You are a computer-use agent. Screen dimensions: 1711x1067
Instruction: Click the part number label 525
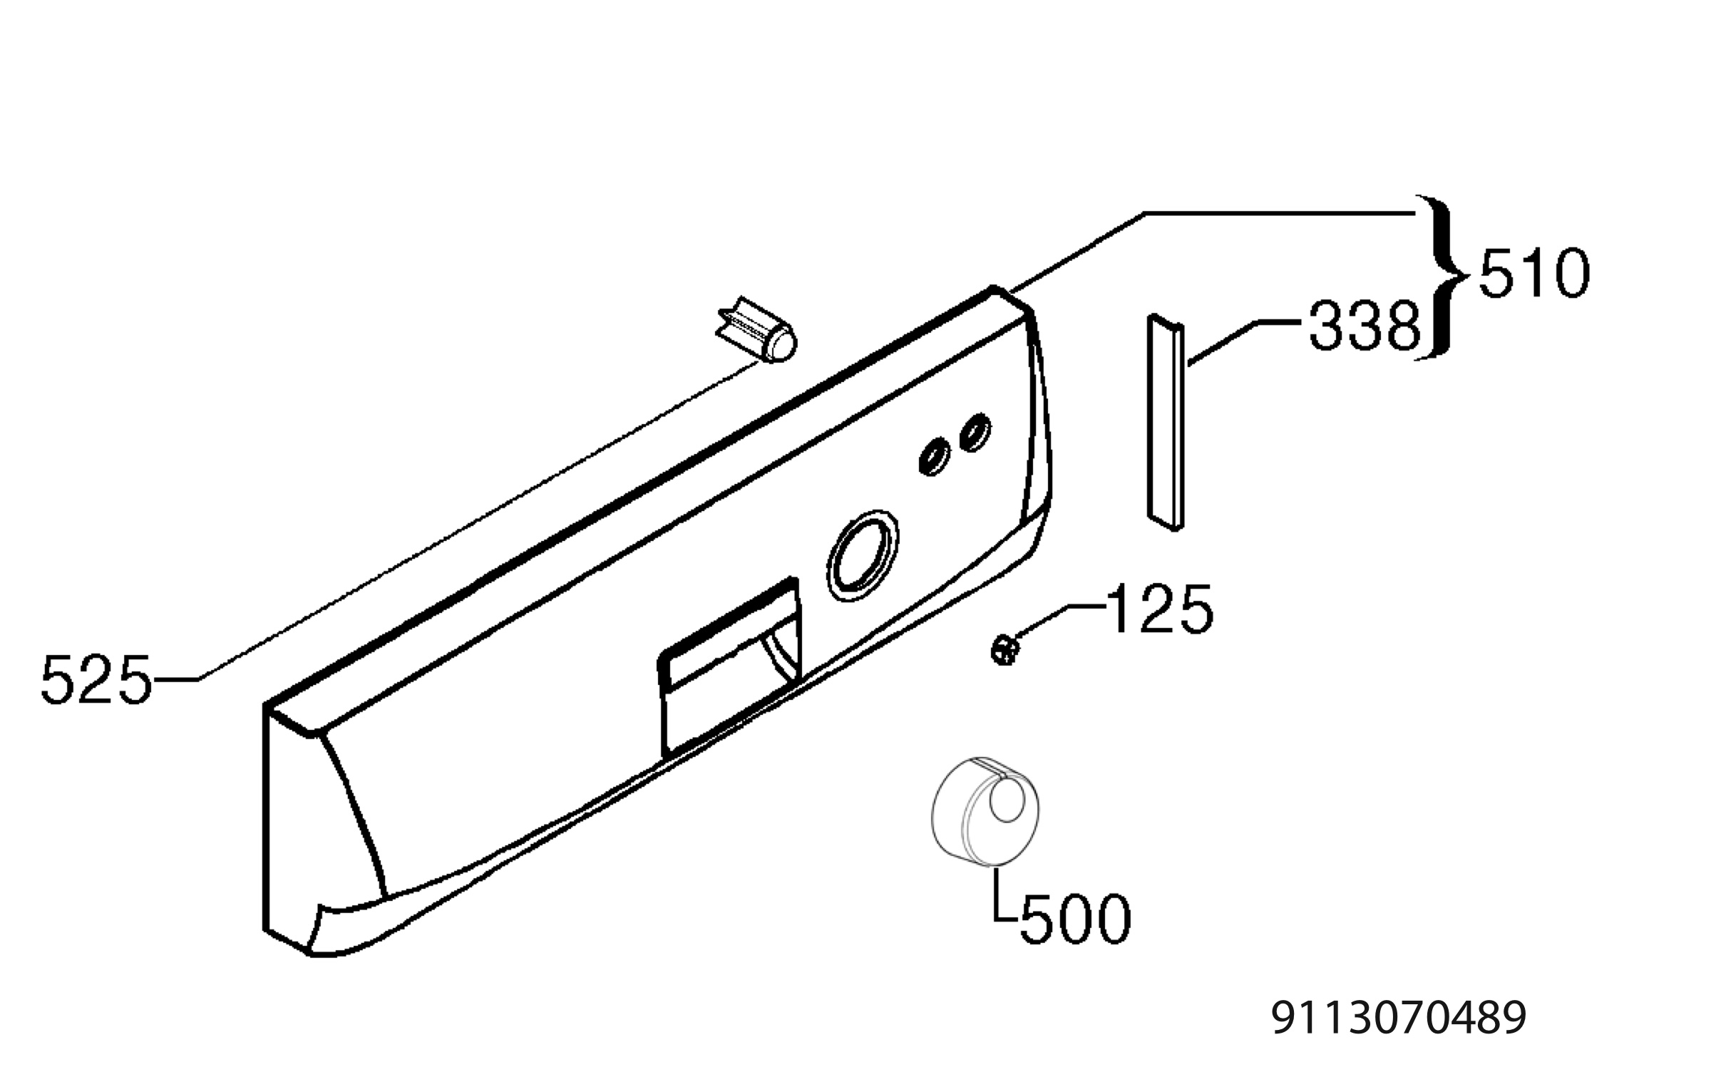pos(96,680)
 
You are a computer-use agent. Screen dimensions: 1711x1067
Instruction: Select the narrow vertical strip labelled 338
pos(1165,422)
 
